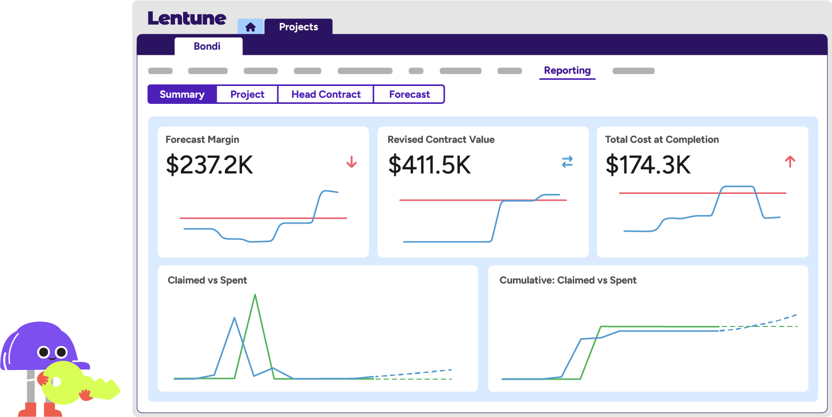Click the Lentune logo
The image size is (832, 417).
[x=187, y=18]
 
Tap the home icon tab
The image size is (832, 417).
[x=250, y=27]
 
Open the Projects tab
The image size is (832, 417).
[x=299, y=27]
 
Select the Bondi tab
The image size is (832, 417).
[x=207, y=47]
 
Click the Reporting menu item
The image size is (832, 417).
[x=567, y=71]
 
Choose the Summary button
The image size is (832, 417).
[x=182, y=95]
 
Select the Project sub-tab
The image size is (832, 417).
[x=247, y=95]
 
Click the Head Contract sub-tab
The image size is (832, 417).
[x=326, y=95]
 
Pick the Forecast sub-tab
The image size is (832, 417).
[x=409, y=95]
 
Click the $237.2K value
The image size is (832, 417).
[x=209, y=165]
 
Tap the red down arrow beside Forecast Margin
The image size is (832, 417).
[x=351, y=162]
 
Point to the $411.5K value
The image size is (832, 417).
[x=429, y=165]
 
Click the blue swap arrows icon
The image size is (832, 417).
[x=567, y=162]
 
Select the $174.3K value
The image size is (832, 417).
[x=648, y=165]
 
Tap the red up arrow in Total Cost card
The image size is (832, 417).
[x=790, y=162]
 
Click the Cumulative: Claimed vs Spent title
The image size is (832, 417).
[x=568, y=280]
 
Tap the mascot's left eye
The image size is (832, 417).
[x=44, y=352]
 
